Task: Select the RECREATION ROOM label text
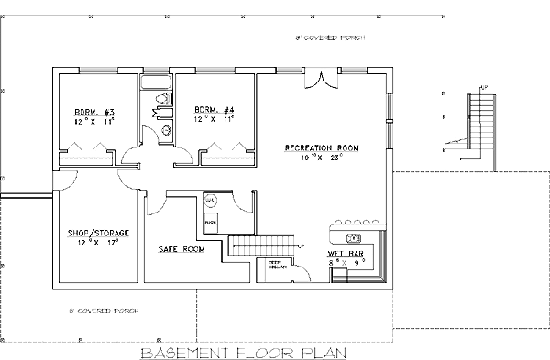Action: click(321, 147)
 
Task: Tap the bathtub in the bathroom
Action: click(156, 83)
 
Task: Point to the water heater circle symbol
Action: click(209, 199)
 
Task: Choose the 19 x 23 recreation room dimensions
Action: click(321, 158)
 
